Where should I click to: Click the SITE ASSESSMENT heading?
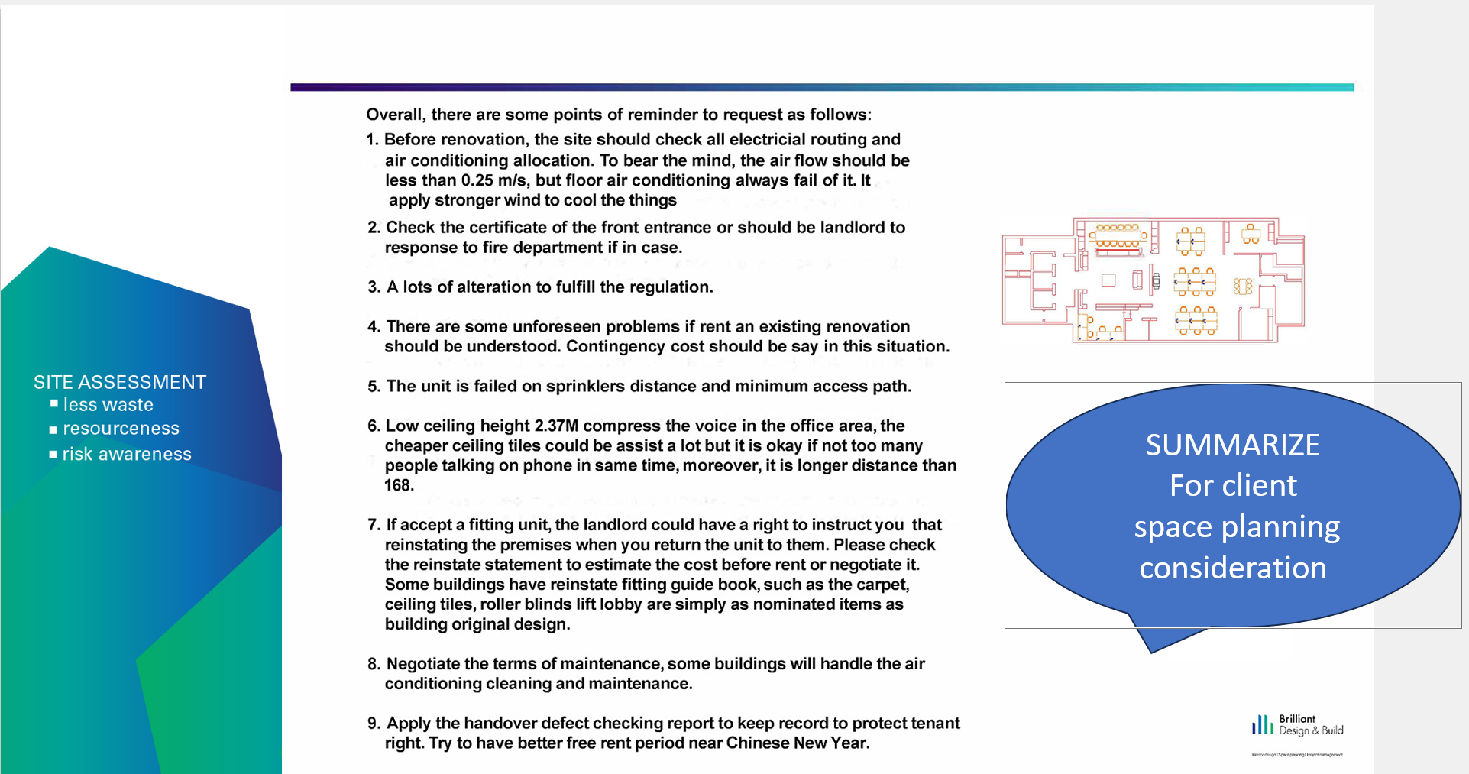point(120,382)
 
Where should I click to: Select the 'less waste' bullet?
point(108,405)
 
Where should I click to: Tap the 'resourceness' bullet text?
point(121,429)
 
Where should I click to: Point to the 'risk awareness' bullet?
point(127,454)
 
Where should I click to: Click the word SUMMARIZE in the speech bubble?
point(1232,445)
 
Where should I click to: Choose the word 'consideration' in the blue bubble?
point(1232,568)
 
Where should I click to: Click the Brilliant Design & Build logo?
point(1296,726)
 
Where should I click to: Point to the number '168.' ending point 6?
point(399,485)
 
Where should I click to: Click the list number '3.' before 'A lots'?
point(374,287)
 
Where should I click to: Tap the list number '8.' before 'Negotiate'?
point(374,664)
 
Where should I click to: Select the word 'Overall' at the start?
point(394,115)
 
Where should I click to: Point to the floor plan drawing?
point(1153,280)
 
